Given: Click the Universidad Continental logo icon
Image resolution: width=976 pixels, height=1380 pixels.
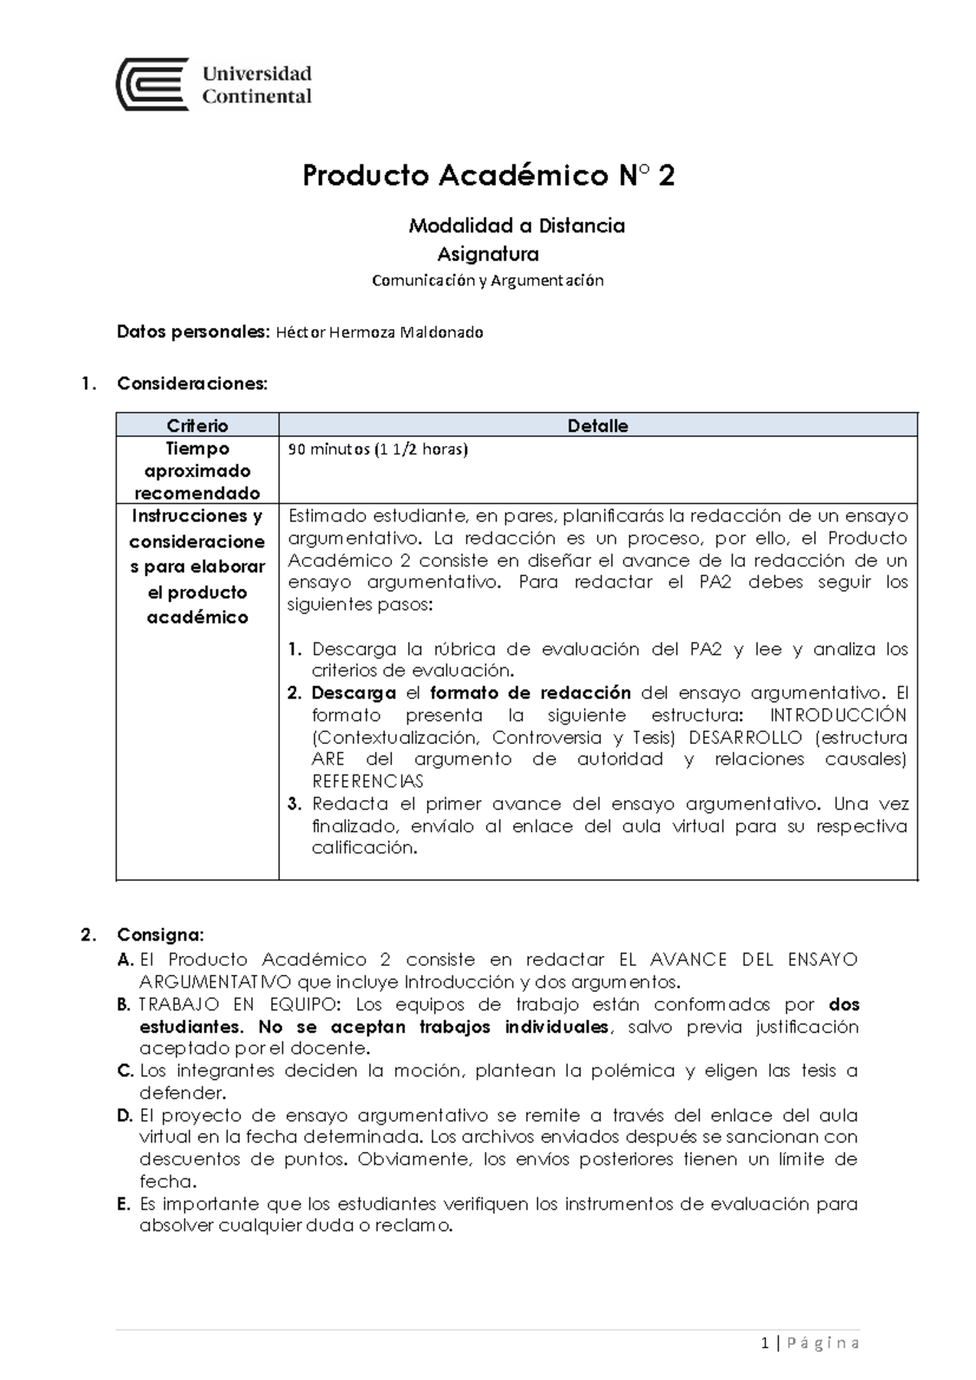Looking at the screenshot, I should coord(153,85).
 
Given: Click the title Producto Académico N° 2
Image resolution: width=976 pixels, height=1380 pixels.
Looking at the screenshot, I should coord(488,176).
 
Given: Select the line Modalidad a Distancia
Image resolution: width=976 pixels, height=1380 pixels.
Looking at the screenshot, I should coord(516,225).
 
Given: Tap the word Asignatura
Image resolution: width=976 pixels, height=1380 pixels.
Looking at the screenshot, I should coord(488,255).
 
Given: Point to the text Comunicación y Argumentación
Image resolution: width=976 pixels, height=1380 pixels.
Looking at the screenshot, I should coord(487,281).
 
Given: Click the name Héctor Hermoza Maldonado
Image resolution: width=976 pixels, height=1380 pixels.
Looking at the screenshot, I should coord(380,332).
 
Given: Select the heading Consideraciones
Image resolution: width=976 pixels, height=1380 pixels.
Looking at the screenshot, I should coord(192,383).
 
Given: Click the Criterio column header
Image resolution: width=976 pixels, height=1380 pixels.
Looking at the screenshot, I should coord(197,426).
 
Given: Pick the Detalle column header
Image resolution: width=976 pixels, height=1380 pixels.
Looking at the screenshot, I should coord(598,426).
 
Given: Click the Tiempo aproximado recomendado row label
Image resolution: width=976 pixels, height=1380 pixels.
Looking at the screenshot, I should coord(197,470).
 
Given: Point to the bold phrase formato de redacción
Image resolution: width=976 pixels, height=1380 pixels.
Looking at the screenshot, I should coord(530,693).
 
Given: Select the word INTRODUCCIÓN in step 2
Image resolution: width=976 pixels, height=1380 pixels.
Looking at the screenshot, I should coord(838,715).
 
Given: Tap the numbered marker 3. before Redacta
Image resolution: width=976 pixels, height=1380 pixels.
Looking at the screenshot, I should coord(294,804).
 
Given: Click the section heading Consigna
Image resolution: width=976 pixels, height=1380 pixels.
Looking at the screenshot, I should coord(160,933).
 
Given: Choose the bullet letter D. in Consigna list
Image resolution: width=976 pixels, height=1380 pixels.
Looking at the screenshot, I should coord(124,1115).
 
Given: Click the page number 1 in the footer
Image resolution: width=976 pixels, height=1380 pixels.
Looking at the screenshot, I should coord(765,1343).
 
